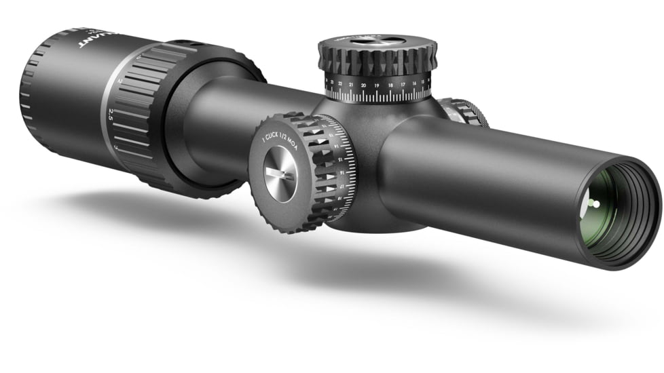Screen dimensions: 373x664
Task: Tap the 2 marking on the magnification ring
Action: point(119,81)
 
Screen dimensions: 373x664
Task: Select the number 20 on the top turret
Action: point(364,85)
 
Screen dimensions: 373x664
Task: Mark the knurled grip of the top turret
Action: point(377,64)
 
